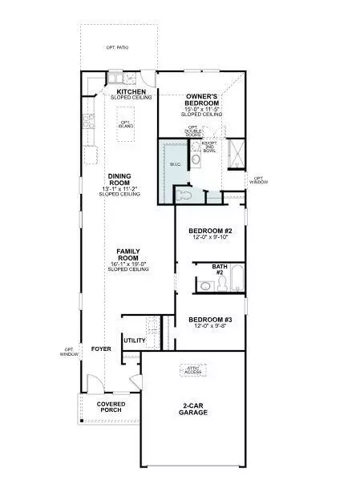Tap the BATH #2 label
tap(220, 269)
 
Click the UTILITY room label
tap(134, 341)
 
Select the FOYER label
tap(100, 349)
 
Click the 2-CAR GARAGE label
tap(193, 409)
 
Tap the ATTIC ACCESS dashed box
tap(193, 370)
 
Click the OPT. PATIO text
tap(117, 48)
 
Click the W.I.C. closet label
tap(176, 163)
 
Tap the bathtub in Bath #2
tap(235, 283)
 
